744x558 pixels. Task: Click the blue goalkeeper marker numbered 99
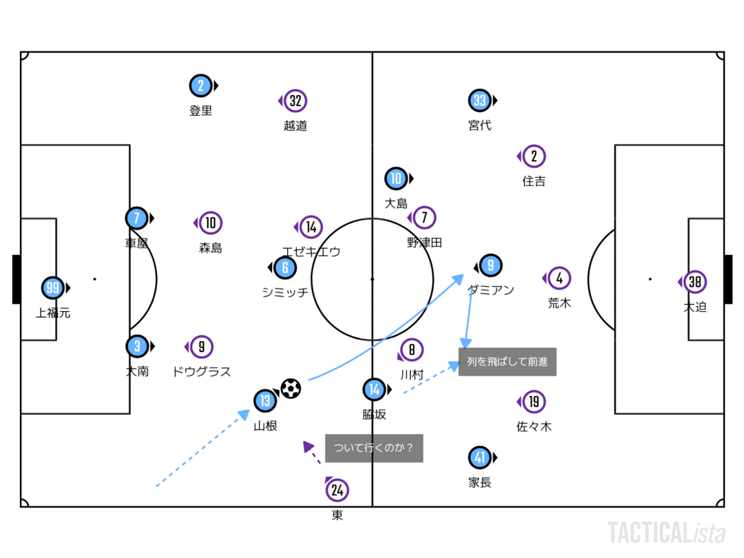(53, 288)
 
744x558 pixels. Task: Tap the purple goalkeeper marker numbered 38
(695, 282)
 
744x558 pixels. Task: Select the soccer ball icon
(290, 389)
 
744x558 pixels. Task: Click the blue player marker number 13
(265, 401)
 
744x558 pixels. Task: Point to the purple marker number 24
(337, 490)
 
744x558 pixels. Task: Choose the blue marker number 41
(480, 458)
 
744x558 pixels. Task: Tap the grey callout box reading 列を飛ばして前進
(507, 362)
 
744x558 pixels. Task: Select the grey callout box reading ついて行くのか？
(374, 448)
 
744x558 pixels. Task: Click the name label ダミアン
(490, 290)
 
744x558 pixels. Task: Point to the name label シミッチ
(285, 293)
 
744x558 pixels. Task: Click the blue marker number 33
(480, 100)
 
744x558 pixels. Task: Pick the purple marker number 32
(296, 100)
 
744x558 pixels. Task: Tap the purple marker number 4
(559, 278)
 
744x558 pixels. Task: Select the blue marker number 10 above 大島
(396, 179)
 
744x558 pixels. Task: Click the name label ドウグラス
(201, 371)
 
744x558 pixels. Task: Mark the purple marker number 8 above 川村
(412, 350)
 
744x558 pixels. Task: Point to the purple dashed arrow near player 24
(312, 453)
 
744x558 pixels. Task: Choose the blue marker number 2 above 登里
(200, 86)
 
